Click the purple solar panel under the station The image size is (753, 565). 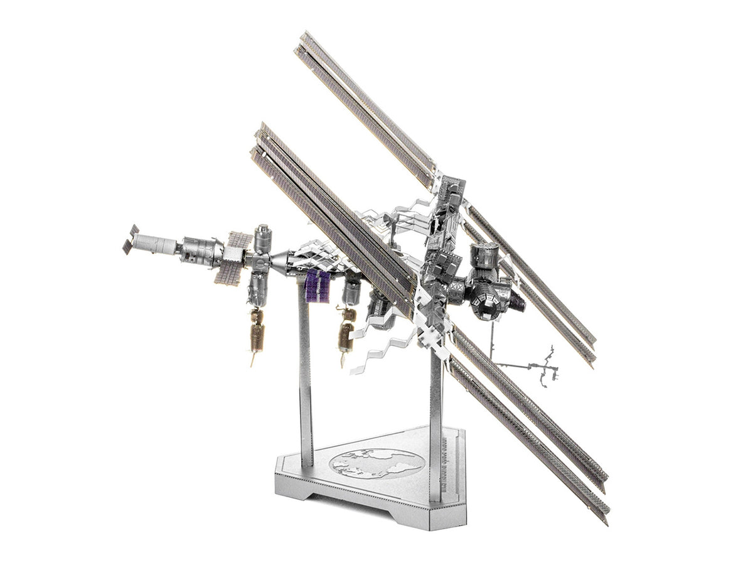(317, 286)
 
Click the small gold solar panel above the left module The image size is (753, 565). (240, 239)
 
